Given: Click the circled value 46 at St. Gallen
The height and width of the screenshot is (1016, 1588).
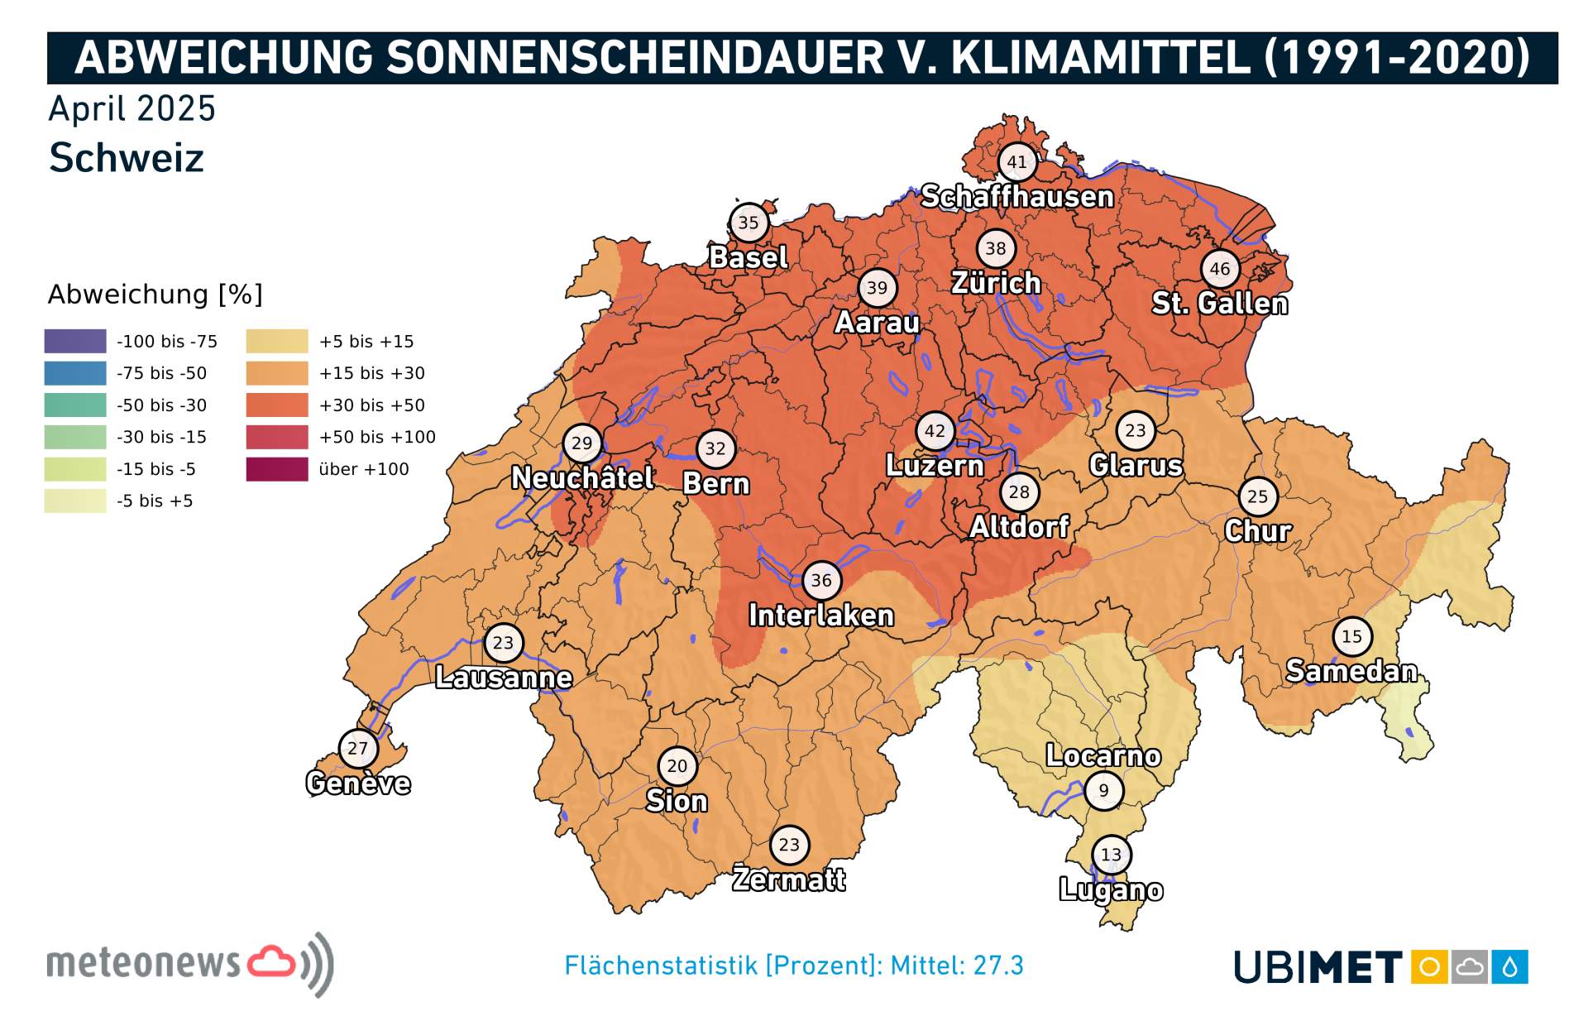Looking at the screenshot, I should point(1220,269).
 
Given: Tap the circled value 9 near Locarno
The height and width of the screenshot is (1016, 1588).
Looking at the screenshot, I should point(1103,790).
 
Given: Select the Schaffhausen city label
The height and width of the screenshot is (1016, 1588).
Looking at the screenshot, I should point(1016,197).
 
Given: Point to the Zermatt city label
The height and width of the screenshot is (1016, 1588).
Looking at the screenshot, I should point(789,879).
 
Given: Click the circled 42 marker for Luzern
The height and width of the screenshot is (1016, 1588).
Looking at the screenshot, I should point(935,431).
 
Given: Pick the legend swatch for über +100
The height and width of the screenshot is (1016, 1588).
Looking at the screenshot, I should point(276,469).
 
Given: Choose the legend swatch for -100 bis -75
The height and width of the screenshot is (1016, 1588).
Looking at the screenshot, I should point(75,341).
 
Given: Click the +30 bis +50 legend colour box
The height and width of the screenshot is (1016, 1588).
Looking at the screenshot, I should point(276,405).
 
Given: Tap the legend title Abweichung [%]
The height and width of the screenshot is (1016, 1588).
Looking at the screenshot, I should point(155,295).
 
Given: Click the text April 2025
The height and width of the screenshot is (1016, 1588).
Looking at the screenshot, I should point(132,109).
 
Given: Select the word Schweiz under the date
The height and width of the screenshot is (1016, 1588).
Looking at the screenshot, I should point(126,158).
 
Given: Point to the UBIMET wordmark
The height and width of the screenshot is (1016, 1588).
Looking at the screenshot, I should point(1317,967).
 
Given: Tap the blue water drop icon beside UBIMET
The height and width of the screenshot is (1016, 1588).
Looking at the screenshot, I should point(1510,967).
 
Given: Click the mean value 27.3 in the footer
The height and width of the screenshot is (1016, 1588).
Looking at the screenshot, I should point(998,966).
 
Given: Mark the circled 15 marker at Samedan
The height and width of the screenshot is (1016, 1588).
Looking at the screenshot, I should point(1351,636).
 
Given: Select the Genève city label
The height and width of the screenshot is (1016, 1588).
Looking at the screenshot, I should point(358,783).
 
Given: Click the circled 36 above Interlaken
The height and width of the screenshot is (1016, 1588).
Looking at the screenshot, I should point(821,581).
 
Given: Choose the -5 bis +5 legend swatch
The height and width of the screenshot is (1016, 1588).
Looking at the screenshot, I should point(75,501).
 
